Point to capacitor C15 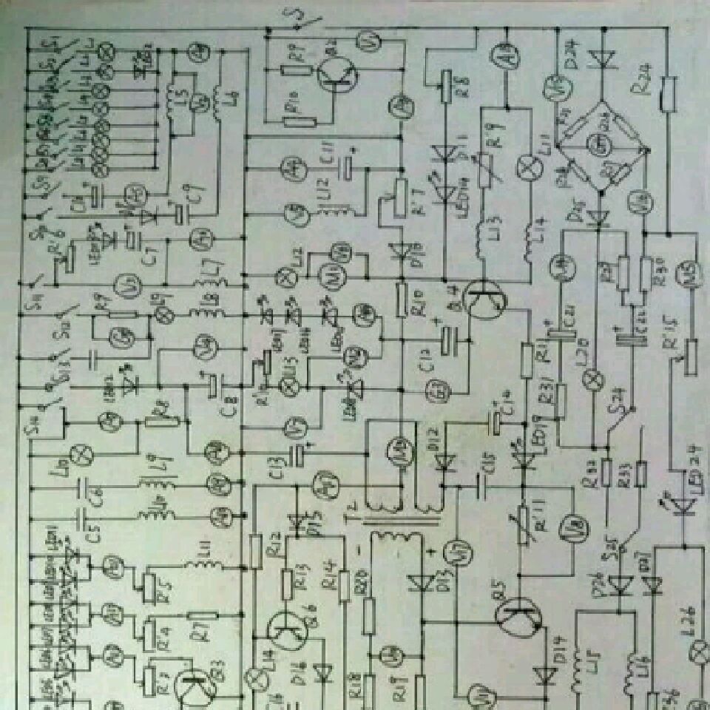[x=482, y=486]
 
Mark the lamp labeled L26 [x=697, y=651]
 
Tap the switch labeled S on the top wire [x=298, y=24]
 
